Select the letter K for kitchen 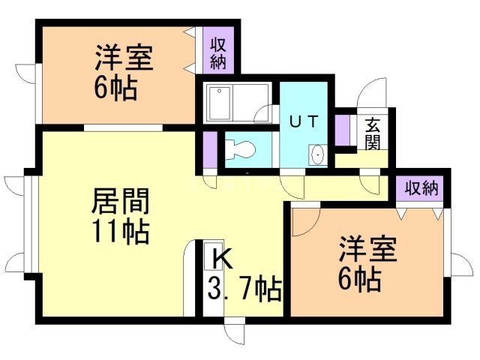(x=223, y=257)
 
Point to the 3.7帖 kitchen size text (x=245, y=286)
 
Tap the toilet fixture (x=239, y=148)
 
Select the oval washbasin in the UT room (x=317, y=155)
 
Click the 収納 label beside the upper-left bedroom (x=218, y=52)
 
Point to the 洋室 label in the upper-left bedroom (x=124, y=58)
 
